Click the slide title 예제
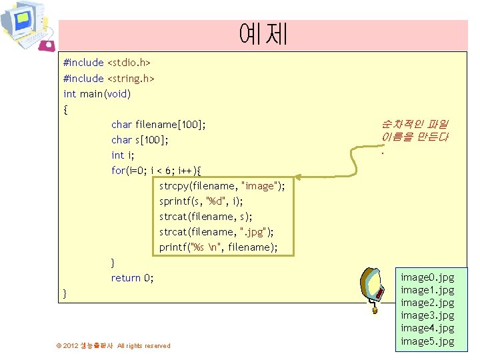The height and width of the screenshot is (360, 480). point(263,33)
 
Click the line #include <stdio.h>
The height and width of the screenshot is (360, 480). point(107,63)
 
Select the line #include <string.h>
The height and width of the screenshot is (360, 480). point(109,79)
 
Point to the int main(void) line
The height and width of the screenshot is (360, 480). point(97,94)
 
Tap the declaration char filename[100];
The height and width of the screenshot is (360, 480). point(159,125)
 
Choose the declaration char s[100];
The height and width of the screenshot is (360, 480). point(140,140)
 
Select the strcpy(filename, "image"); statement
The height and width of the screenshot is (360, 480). point(222,186)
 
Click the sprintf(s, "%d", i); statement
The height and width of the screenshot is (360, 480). point(201,201)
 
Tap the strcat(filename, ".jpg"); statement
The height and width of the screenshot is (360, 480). point(217,232)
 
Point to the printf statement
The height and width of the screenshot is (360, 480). point(218,247)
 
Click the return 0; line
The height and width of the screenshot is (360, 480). point(132,278)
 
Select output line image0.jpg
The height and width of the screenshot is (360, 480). point(427,277)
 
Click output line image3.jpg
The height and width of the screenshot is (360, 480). point(427,315)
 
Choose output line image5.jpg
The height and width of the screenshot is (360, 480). point(427,341)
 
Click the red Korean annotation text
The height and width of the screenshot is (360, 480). point(415,131)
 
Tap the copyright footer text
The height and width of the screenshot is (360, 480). point(113,345)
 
